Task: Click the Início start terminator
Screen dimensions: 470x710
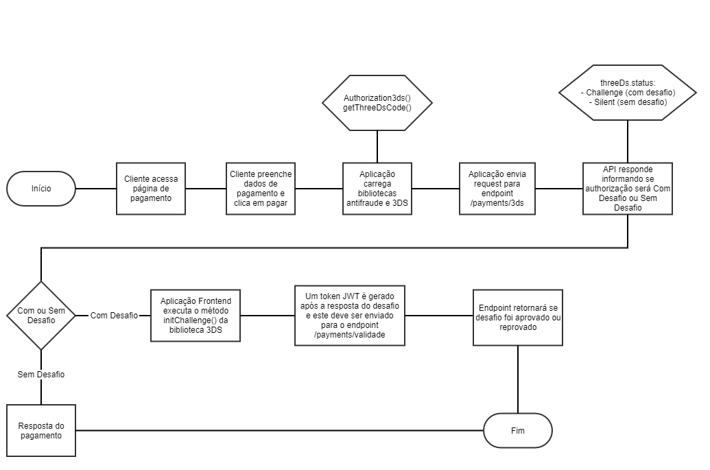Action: [41, 188]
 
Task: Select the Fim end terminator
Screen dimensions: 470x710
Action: [518, 430]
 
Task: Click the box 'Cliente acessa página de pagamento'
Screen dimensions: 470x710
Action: [151, 188]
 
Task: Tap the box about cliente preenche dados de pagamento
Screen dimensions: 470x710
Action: [261, 188]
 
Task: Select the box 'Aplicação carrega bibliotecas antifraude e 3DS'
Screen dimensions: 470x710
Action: [377, 188]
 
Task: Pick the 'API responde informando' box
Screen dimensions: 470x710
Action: [628, 188]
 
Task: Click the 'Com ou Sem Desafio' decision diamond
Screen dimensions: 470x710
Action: [41, 315]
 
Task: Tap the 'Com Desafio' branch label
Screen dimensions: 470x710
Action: [114, 315]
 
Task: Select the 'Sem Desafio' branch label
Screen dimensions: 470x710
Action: [41, 375]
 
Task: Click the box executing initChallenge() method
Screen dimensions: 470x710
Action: [196, 315]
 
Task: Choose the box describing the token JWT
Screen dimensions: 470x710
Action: [349, 315]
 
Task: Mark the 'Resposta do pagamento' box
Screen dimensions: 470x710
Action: [41, 430]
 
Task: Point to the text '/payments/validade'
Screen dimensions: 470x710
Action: [349, 335]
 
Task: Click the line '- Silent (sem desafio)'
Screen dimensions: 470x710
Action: [628, 102]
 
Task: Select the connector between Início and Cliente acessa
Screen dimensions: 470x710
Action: [95, 188]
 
